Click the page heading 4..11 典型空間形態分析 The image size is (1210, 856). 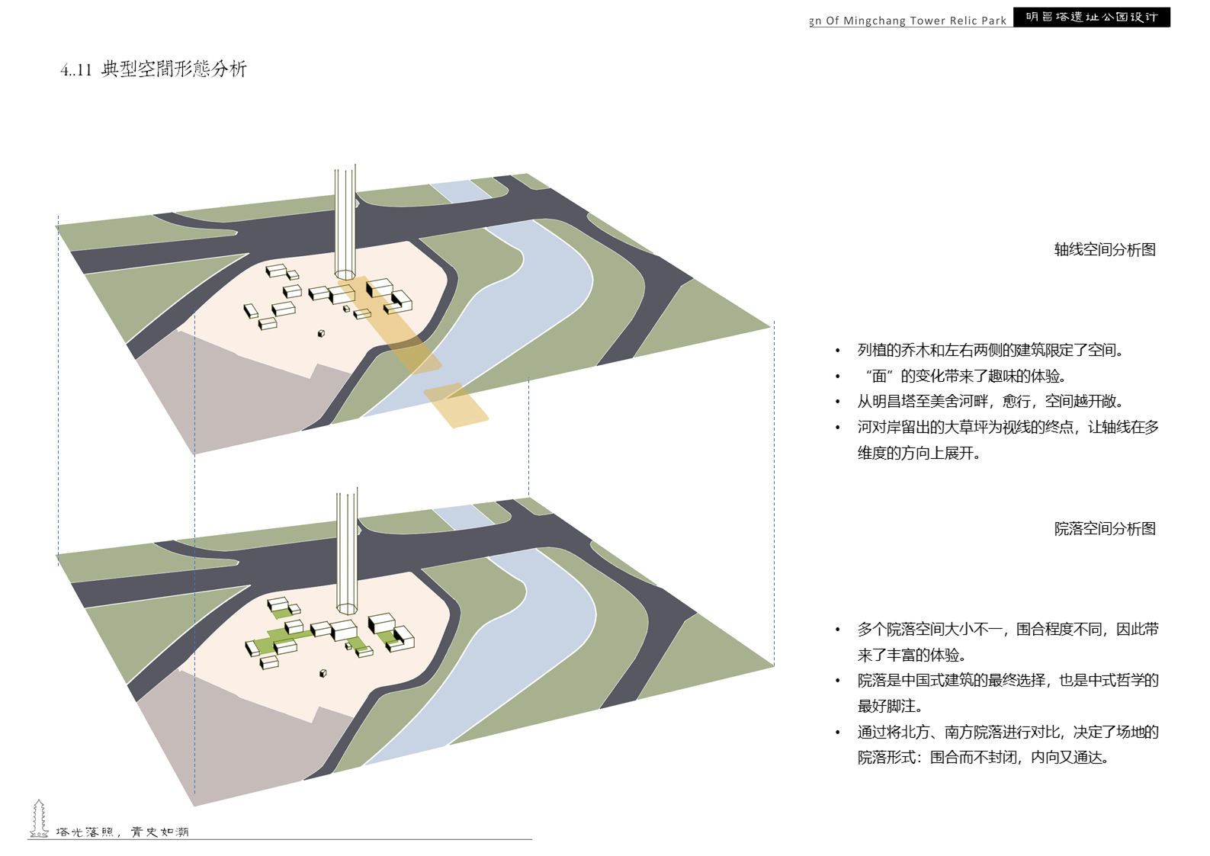click(154, 69)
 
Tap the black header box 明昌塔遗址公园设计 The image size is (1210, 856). click(1091, 17)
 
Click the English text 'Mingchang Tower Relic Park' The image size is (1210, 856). click(915, 21)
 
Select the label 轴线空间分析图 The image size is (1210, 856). click(1105, 250)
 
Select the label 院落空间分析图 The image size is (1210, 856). click(1105, 529)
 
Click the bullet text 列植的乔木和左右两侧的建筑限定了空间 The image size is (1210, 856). click(990, 351)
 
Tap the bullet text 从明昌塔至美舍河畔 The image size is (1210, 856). click(990, 401)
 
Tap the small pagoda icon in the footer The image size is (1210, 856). click(39, 819)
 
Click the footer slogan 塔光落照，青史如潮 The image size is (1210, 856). click(122, 832)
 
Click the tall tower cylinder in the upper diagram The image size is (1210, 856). click(345, 221)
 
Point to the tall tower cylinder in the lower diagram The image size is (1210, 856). click(347, 549)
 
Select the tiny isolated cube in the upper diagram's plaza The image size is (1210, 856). click(322, 333)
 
